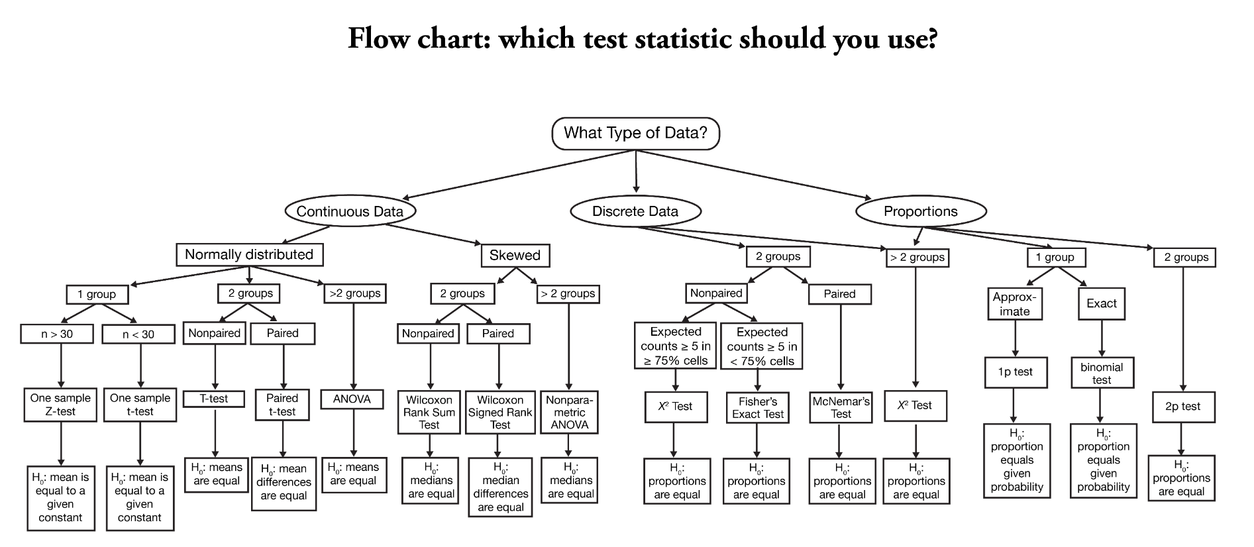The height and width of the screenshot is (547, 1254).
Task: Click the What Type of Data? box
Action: (x=635, y=133)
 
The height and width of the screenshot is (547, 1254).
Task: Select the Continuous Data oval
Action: (x=350, y=211)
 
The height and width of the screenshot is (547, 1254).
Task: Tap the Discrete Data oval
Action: (x=635, y=211)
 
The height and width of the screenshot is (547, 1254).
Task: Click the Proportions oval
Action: (x=920, y=211)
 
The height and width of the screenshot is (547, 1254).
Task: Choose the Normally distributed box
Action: (x=249, y=254)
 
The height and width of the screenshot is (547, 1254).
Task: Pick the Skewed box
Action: (x=515, y=255)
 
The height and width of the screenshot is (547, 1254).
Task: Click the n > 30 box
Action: (x=57, y=334)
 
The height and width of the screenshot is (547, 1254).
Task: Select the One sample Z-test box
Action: (x=60, y=405)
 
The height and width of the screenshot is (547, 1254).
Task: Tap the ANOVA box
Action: (x=352, y=399)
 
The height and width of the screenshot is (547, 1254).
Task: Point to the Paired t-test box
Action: (x=282, y=405)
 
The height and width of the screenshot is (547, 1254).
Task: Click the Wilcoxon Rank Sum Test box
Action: (x=429, y=412)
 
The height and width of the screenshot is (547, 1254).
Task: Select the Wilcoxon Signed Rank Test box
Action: (x=500, y=412)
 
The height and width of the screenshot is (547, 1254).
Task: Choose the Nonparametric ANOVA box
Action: (x=569, y=412)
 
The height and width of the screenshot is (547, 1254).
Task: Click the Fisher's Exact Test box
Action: (x=758, y=407)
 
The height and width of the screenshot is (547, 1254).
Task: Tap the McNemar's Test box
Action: (x=841, y=407)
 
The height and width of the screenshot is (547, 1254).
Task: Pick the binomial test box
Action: (x=1102, y=373)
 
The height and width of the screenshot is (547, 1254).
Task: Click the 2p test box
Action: (x=1182, y=407)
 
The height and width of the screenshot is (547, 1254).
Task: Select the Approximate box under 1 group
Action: (x=1015, y=304)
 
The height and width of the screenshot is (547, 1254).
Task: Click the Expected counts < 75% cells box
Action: (x=761, y=346)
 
